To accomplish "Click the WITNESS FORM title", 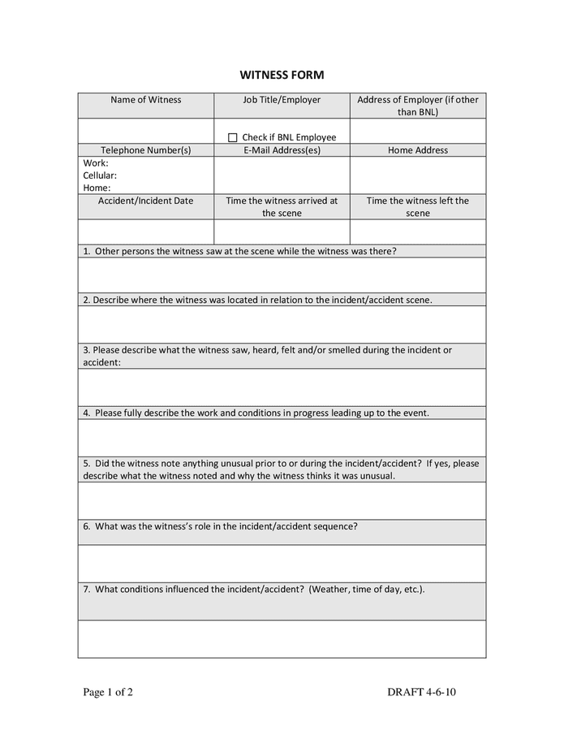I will [x=282, y=76].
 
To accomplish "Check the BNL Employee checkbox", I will [x=233, y=138].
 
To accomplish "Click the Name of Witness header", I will [x=146, y=100].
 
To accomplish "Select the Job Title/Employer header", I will [x=282, y=100].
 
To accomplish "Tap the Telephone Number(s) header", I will [x=146, y=150].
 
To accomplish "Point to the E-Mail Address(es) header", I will [x=282, y=150].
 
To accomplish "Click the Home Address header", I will [x=418, y=150].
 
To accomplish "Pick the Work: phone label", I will [x=96, y=163].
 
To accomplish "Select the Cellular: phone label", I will [x=100, y=175].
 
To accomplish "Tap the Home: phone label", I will [x=97, y=188].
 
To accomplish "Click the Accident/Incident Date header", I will [x=146, y=201].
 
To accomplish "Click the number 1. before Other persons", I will [x=86, y=251].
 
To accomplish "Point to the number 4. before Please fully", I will [x=86, y=413].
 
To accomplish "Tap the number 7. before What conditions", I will [x=86, y=589].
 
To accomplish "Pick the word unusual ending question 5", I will [x=377, y=476].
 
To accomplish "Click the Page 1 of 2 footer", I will [x=108, y=693].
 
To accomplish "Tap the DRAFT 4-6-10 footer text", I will [x=427, y=693].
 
